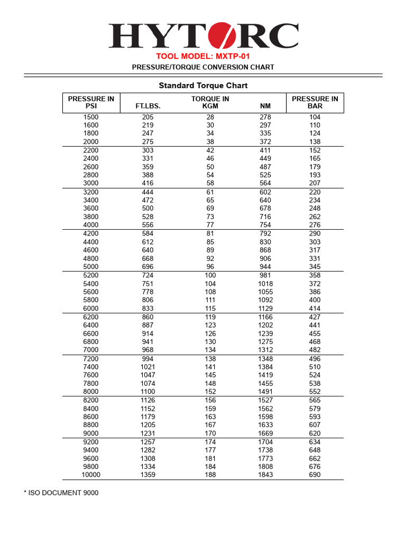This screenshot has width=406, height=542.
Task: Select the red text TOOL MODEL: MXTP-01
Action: point(203,57)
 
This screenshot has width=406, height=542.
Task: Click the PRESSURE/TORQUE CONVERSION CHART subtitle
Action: point(203,67)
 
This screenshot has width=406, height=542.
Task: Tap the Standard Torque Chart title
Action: point(203,85)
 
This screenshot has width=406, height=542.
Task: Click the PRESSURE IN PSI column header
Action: point(91,102)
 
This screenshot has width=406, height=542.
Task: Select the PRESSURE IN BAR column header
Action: point(315,102)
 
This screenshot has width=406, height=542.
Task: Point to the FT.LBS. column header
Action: point(148,106)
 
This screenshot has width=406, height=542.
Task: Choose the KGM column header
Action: point(210,106)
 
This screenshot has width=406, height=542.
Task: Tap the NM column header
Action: point(265,106)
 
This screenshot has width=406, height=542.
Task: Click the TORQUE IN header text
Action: point(210,98)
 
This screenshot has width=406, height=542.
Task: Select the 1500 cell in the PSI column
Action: point(91,117)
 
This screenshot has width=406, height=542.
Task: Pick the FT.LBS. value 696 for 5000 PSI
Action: point(148,267)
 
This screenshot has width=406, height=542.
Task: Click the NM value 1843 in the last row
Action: point(265,475)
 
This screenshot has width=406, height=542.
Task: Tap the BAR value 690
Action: point(315,475)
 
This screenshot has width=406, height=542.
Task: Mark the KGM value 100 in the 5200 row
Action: point(210,275)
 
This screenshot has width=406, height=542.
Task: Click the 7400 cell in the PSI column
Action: point(91,367)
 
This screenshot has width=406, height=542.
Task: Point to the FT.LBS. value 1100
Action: point(148,392)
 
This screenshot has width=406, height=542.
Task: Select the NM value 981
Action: point(265,275)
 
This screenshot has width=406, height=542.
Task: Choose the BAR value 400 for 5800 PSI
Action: point(315,300)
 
